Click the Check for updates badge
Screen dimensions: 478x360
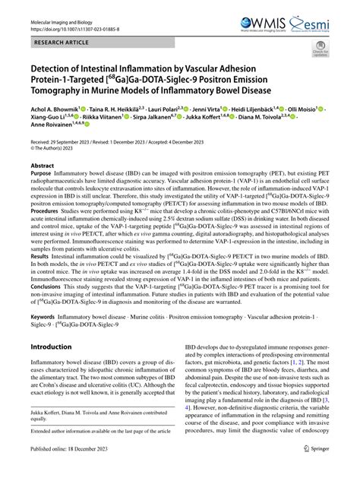pyautogui.click(x=320, y=50)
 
